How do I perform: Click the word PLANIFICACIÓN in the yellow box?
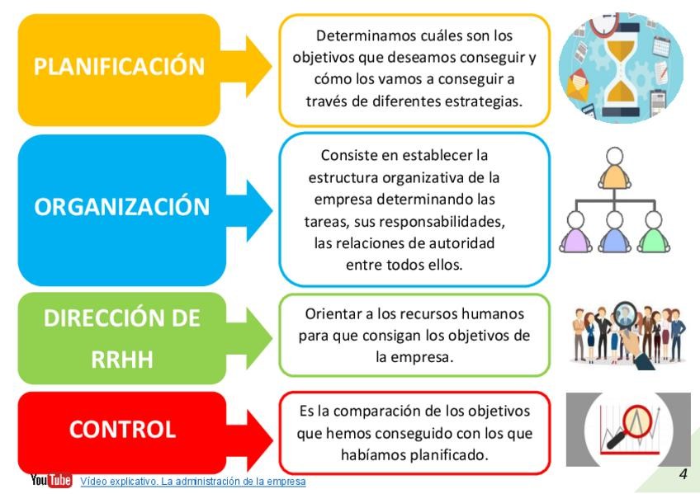[x=119, y=67]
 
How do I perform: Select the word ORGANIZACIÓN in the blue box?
[x=121, y=206]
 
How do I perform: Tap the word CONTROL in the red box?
[x=122, y=429]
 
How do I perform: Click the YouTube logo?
[x=51, y=480]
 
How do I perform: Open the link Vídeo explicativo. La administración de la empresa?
[x=192, y=481]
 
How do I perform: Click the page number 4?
[x=683, y=473]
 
